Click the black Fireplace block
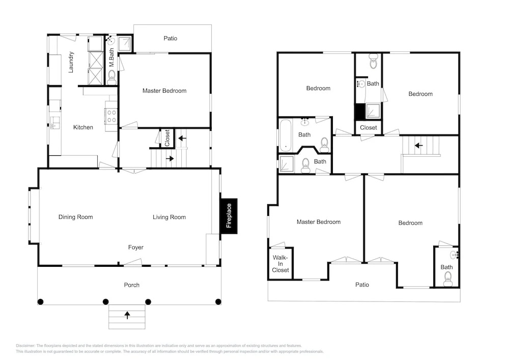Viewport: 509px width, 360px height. (x=229, y=216)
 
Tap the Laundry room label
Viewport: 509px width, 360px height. (x=71, y=62)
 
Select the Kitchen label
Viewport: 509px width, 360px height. (x=83, y=127)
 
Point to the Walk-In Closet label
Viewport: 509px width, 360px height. (x=280, y=264)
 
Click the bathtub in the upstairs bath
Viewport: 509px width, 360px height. (x=286, y=135)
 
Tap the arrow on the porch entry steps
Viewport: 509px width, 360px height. (x=127, y=315)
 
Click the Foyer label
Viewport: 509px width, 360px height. (x=136, y=247)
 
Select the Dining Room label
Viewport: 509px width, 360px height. (x=76, y=217)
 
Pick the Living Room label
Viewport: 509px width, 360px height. (x=169, y=217)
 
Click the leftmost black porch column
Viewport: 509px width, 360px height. (x=40, y=302)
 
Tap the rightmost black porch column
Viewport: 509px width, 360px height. (x=218, y=302)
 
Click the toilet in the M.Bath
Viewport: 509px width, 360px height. (x=111, y=77)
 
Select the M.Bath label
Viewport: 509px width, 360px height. (x=111, y=58)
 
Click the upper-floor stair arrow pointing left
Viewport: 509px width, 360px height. (x=419, y=146)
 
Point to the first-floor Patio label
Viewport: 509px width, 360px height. (x=171, y=38)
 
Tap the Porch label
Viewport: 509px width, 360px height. (x=132, y=285)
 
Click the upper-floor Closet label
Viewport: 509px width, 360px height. (x=369, y=128)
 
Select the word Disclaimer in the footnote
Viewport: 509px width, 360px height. (x=25, y=346)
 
